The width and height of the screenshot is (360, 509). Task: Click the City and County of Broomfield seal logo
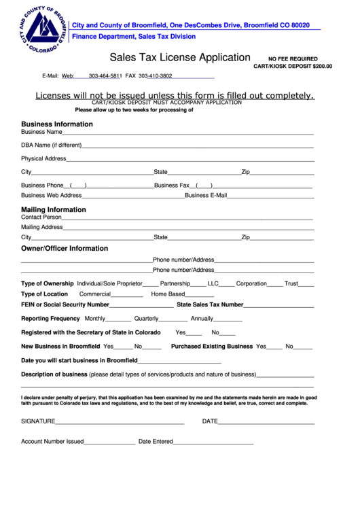coord(43,30)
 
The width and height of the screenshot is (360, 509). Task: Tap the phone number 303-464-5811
coord(105,76)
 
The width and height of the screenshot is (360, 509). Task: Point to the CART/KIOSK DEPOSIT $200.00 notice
coord(293,67)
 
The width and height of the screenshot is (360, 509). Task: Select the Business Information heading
coord(57,124)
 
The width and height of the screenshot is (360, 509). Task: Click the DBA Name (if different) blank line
coord(197,146)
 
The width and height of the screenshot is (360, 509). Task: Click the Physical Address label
coord(43,158)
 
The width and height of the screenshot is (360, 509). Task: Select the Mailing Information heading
coord(54,210)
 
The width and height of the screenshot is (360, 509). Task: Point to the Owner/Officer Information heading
coord(65,249)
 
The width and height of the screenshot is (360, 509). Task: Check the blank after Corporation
coord(274,285)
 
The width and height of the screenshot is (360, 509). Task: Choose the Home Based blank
coord(200,296)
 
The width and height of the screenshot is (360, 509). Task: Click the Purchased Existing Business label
coord(212,347)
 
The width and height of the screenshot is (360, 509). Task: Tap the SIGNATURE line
coord(120,423)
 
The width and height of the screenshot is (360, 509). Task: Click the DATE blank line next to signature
coord(266,423)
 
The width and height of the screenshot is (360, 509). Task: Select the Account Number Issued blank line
coord(109,442)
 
